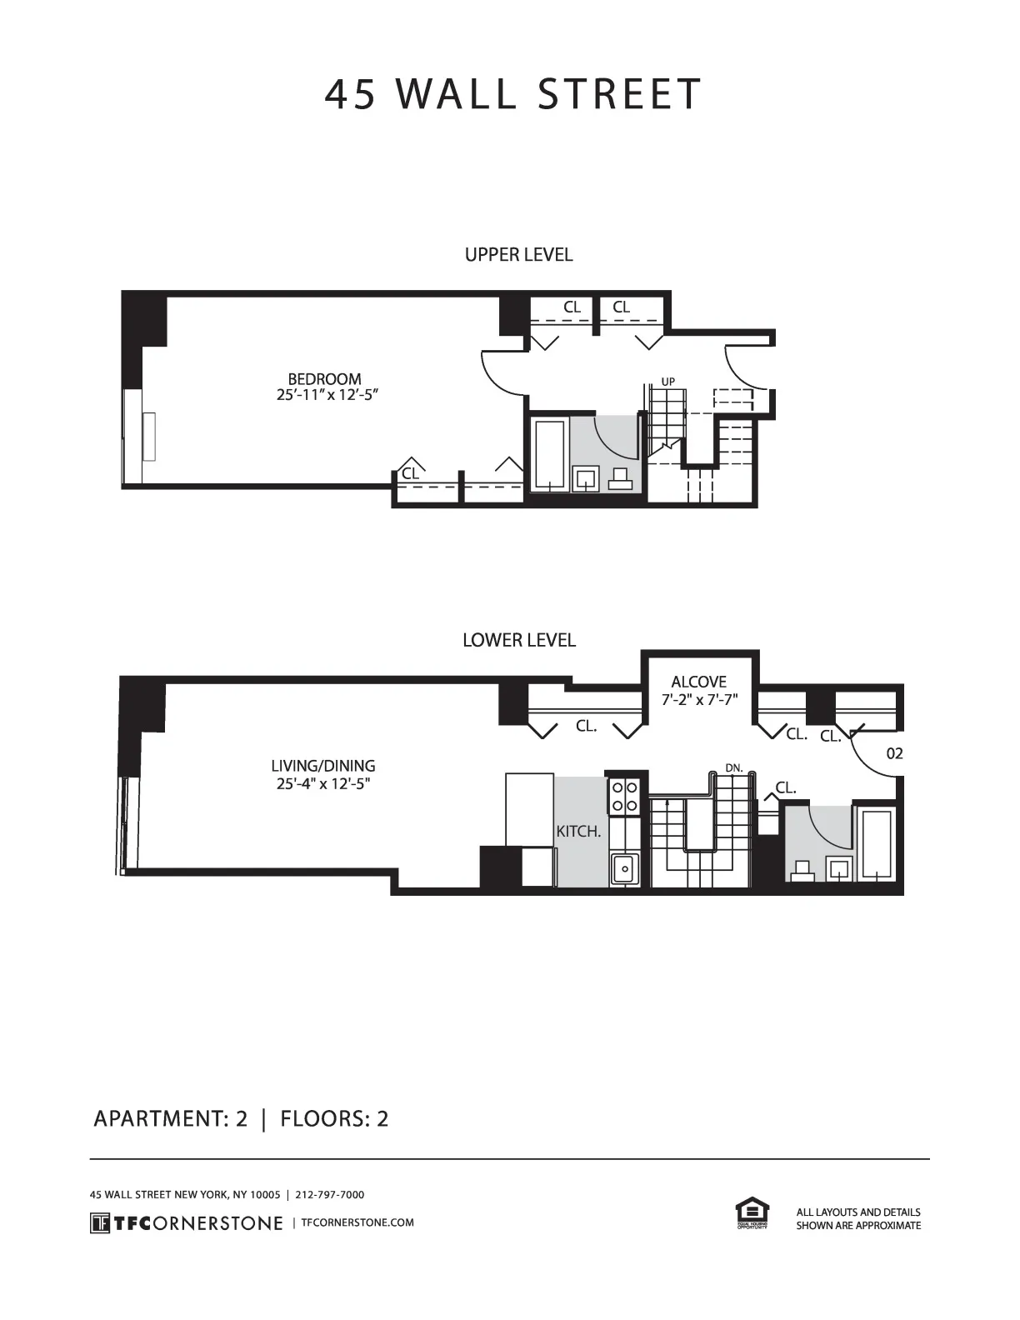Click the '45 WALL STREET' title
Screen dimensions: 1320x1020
[x=512, y=94]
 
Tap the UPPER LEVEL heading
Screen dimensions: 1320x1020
[x=518, y=255]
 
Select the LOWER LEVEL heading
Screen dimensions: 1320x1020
[x=518, y=640]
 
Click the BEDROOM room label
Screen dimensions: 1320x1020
[x=324, y=379]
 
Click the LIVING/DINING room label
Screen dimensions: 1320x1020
[x=322, y=766]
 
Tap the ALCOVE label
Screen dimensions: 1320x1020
[x=698, y=682]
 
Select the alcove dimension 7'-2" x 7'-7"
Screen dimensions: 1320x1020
[x=699, y=700]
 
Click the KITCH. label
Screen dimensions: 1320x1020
[x=578, y=832]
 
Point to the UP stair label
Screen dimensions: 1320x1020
[x=667, y=382]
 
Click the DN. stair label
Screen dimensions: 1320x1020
[x=733, y=767]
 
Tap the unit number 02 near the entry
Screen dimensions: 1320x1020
[x=894, y=753]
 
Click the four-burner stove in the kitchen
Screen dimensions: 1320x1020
[x=625, y=796]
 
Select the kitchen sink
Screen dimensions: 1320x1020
[x=624, y=869]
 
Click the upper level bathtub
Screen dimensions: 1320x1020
[x=550, y=453]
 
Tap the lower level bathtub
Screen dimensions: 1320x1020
[x=877, y=843]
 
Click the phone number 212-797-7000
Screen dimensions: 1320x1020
[x=330, y=1194]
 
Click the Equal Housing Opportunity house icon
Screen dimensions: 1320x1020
[x=752, y=1212]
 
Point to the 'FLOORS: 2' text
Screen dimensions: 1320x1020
[x=334, y=1117]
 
